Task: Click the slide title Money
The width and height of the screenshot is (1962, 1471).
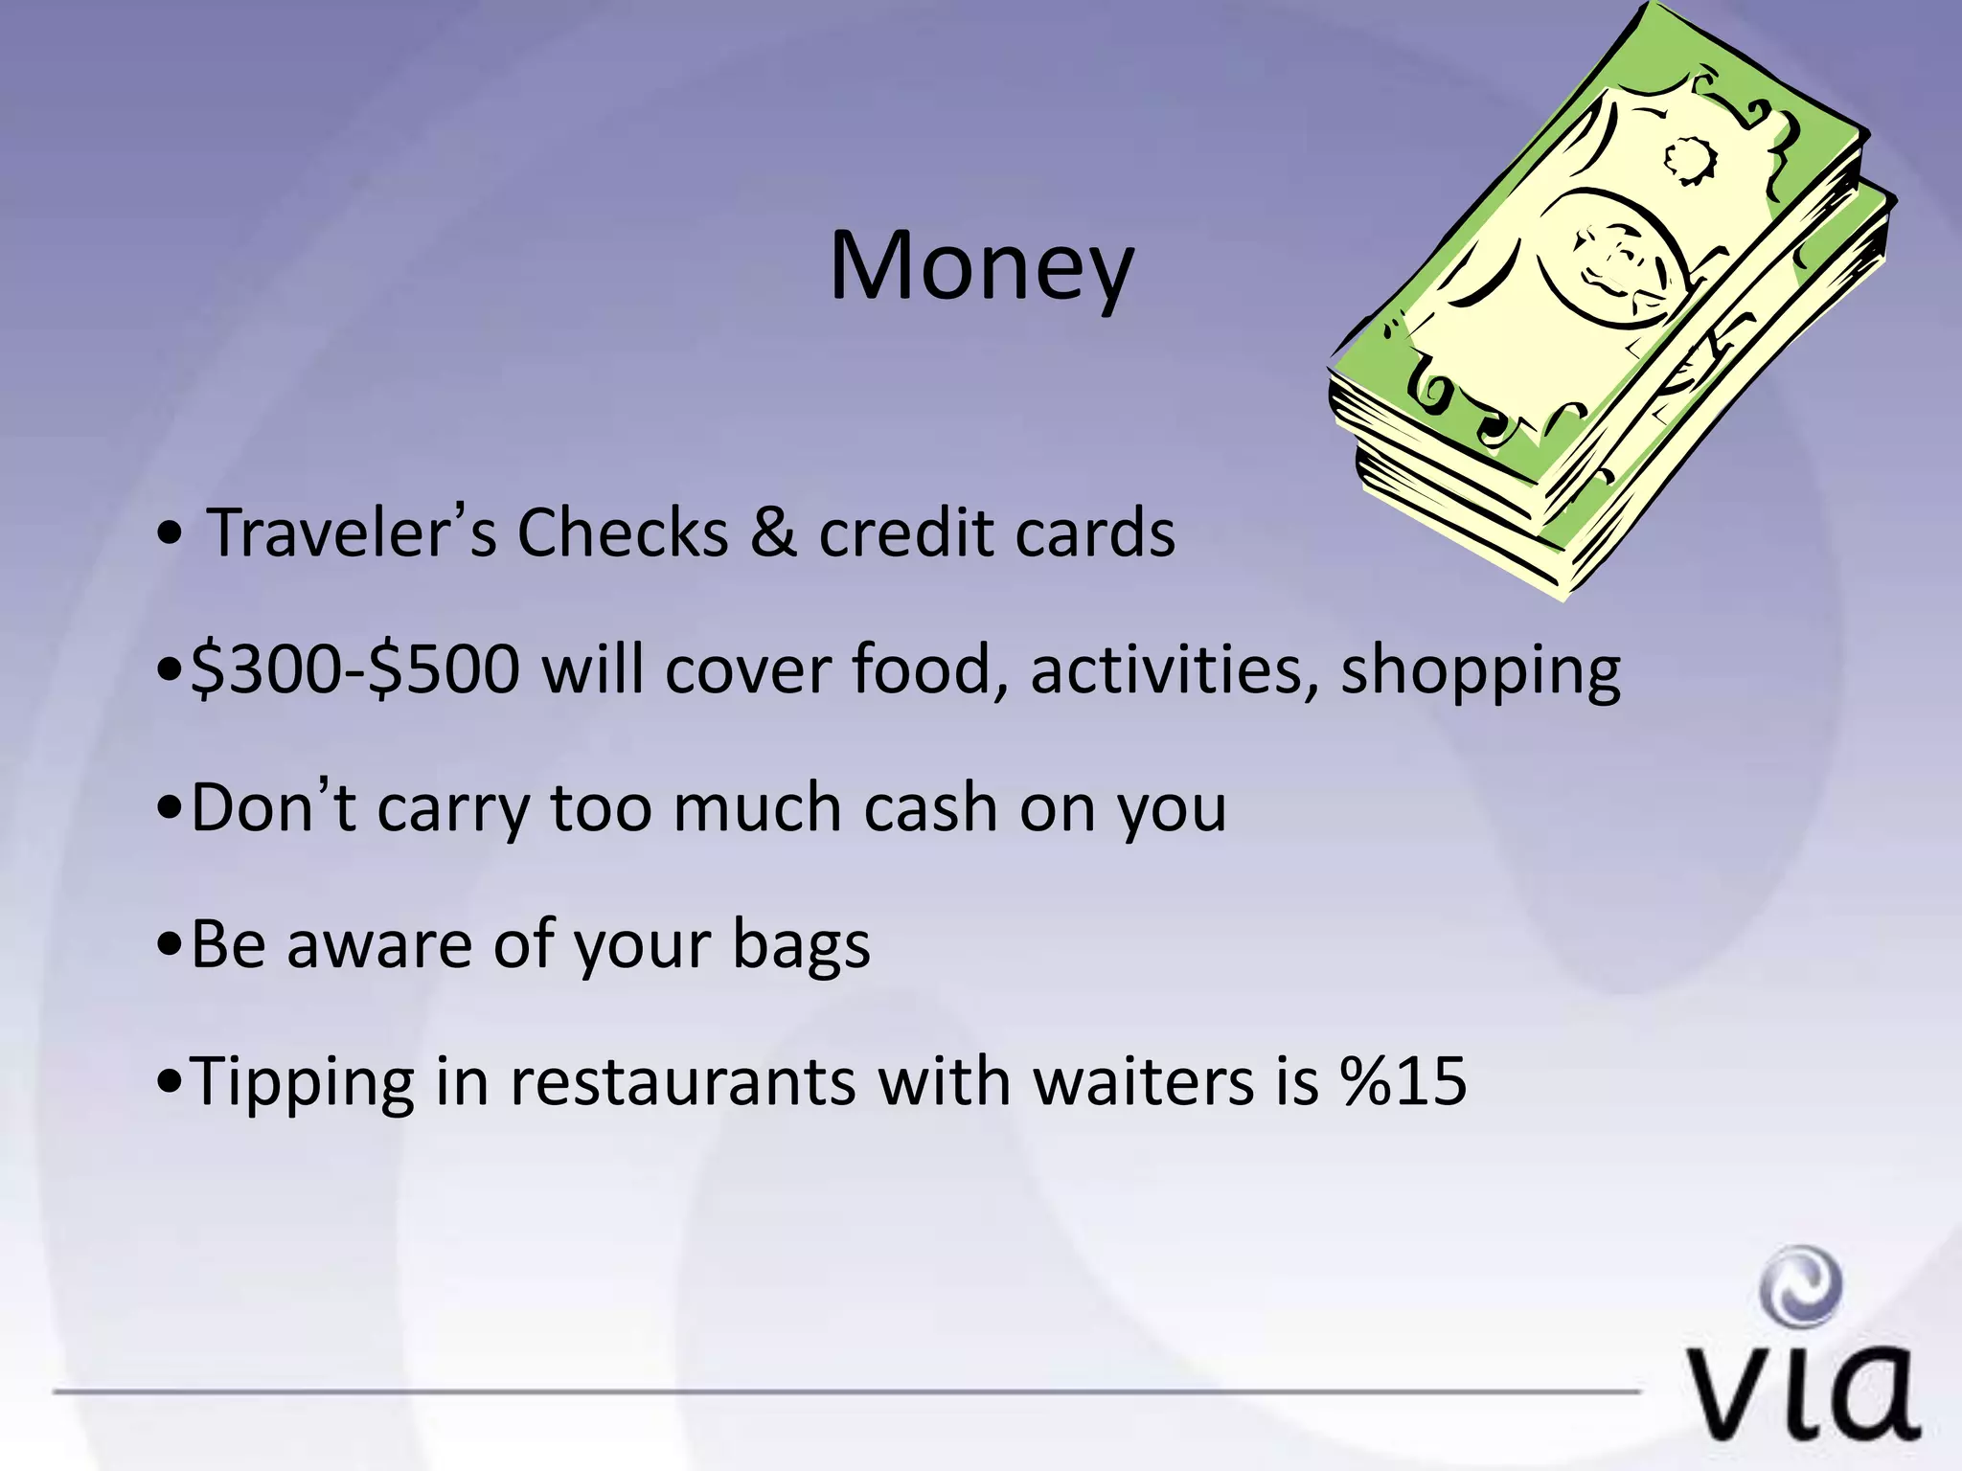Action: [981, 268]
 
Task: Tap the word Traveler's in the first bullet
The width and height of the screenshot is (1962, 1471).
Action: [352, 532]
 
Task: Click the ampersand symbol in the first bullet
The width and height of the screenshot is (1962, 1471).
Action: [772, 532]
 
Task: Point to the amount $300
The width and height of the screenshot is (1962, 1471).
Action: [265, 669]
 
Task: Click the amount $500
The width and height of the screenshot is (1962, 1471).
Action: [445, 669]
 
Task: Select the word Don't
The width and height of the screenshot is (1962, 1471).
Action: [273, 806]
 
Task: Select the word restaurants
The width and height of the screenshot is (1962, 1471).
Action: [682, 1082]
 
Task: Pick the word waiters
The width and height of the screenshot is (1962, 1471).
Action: [1144, 1082]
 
